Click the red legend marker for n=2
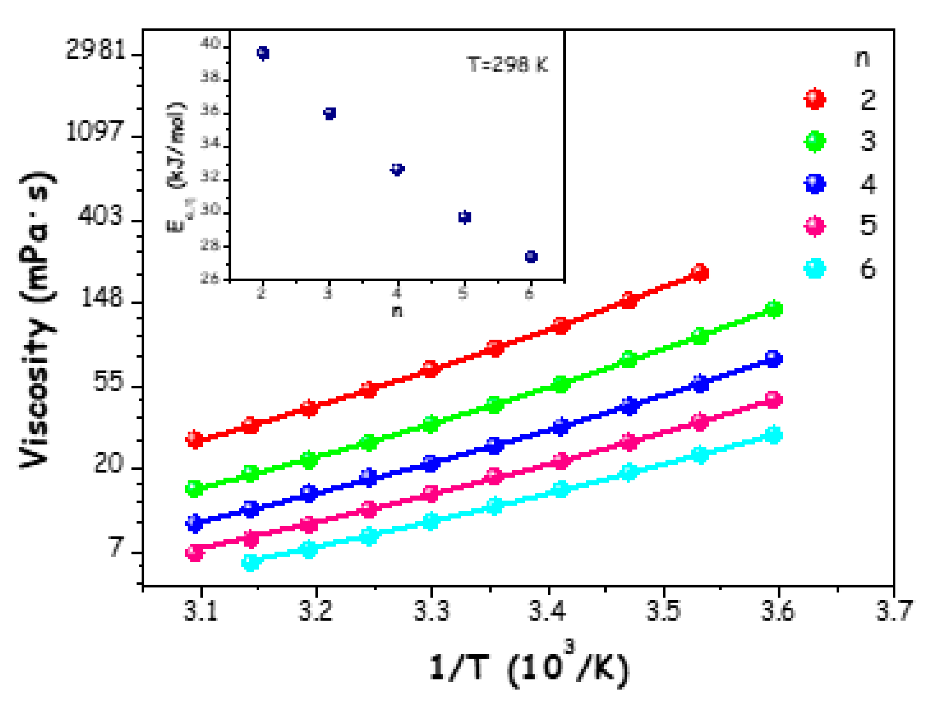click(x=815, y=99)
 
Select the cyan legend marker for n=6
click(x=815, y=268)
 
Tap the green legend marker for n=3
click(x=815, y=142)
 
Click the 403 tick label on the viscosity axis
click(x=100, y=216)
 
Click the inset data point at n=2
click(x=263, y=53)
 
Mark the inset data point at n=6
click(x=531, y=256)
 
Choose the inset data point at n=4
click(x=397, y=169)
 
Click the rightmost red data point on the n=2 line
click(x=700, y=273)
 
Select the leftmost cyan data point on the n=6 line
click(x=251, y=562)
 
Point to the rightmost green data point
click(x=774, y=309)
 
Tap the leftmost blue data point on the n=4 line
click(x=194, y=523)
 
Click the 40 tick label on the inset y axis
click(x=210, y=43)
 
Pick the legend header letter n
click(x=862, y=58)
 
